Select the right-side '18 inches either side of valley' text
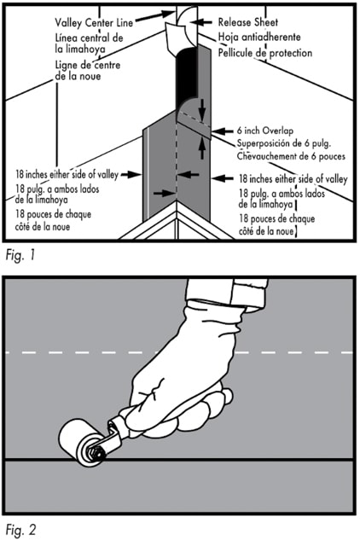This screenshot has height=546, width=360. [x=294, y=178]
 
